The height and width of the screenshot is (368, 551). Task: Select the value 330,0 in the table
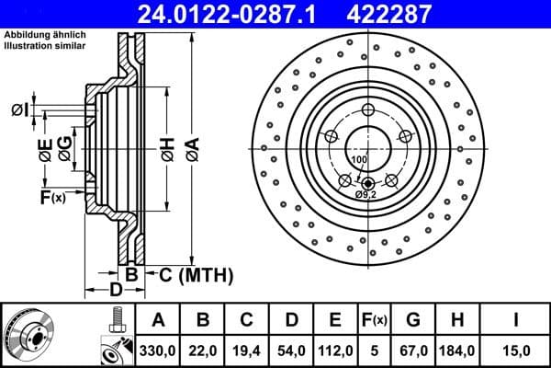pos(158,350)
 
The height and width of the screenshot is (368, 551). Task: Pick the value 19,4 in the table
pos(246,350)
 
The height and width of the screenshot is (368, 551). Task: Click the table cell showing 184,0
pos(459,350)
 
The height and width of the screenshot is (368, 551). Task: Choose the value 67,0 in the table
pos(413,350)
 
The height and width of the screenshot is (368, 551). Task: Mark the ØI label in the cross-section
pos(18,110)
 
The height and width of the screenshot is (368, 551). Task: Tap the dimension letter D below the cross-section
pos(116,291)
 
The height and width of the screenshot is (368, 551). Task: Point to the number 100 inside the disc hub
pos(358,160)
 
